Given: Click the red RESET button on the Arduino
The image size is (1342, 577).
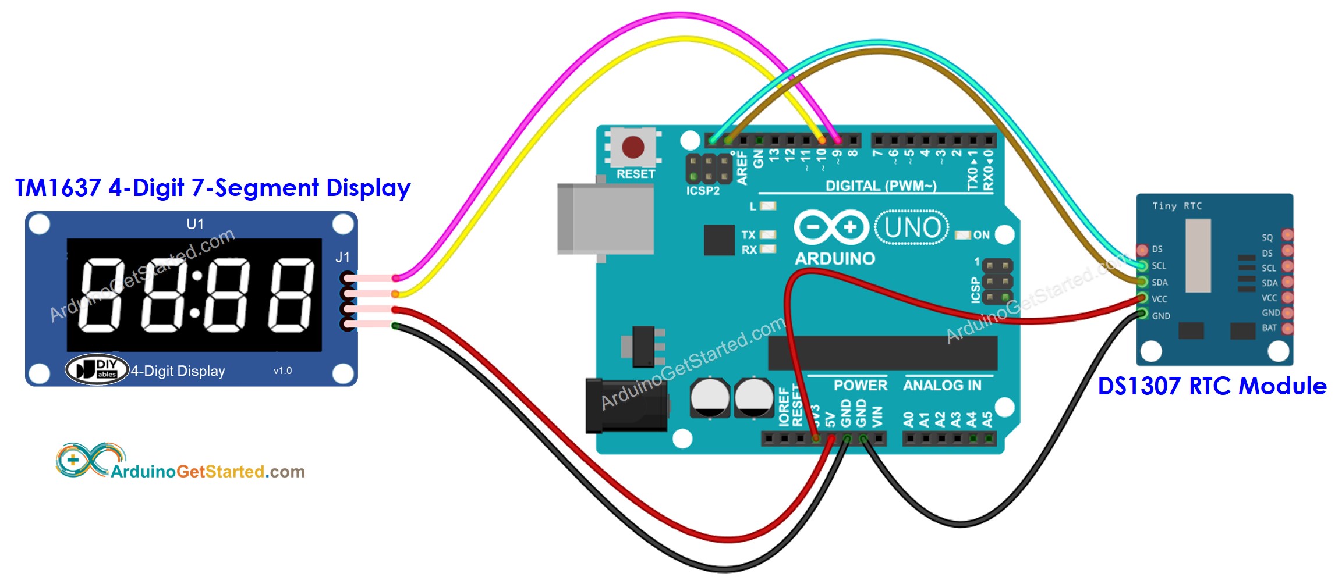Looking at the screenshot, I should pos(633,147).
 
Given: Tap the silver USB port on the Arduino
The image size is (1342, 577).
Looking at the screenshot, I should pos(606,219).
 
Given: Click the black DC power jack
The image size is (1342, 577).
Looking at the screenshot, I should pos(626,405).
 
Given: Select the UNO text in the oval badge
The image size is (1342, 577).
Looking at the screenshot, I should pos(912,227).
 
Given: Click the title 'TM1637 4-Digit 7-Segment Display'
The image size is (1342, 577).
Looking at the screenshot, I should pos(213,188).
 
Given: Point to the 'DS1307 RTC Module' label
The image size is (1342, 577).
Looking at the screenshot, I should pos(1212,386).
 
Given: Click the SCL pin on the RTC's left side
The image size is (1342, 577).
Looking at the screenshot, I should pos(1143,266).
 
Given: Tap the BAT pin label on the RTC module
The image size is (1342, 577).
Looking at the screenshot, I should pos(1269,328).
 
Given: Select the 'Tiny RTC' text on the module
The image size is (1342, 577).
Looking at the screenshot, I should pos(1177,206).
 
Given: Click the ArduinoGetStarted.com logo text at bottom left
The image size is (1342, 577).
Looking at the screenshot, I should pos(207,471).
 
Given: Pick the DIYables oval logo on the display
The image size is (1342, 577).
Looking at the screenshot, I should pos(97,369).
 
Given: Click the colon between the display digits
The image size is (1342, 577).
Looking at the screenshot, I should pos(197,294).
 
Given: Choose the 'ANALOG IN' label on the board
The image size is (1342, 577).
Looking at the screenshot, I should pos(942,385).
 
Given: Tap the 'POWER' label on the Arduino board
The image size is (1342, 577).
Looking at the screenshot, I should pos(860,385).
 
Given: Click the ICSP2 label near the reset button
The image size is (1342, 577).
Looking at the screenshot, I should pos(703,191).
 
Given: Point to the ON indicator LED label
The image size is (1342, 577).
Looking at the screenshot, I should pos(981,235).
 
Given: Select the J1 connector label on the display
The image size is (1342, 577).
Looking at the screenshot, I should pos(343,257).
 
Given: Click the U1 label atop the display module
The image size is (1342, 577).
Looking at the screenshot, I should pos(195,224).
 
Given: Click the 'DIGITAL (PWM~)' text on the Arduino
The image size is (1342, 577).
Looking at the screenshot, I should pos(880,186).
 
